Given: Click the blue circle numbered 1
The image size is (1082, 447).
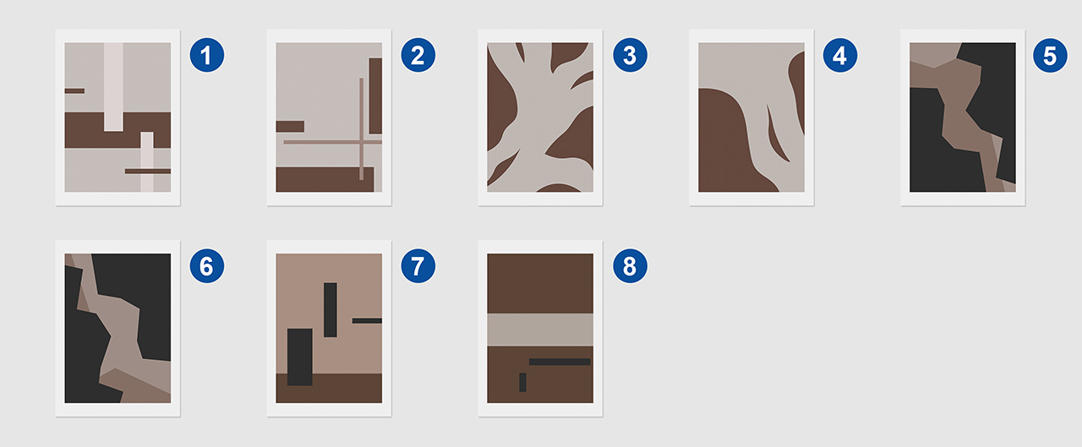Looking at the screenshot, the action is tap(207, 55).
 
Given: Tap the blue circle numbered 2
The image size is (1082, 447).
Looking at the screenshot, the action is tap(418, 55).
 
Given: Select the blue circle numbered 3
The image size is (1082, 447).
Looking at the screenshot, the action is tap(630, 55).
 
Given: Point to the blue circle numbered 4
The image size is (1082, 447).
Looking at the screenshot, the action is tap(840, 55).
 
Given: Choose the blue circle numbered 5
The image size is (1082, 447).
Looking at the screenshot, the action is tap(1050, 56).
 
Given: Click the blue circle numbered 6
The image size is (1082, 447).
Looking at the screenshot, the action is tap(207, 265).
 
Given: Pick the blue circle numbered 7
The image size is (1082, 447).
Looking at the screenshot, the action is tap(418, 265).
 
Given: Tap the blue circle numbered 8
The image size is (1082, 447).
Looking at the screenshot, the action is tap(630, 265).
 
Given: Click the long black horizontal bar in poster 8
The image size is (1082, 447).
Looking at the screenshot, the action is tap(560, 362).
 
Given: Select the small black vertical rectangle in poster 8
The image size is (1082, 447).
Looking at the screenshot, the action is tap(522, 382).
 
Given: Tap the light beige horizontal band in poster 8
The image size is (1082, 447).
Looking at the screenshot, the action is tap(540, 330).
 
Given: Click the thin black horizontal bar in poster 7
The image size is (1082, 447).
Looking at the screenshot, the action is tap(367, 320).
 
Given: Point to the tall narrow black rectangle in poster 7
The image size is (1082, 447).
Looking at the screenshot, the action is tap(331, 310).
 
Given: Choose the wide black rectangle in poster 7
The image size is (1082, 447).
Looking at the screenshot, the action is tap(300, 357).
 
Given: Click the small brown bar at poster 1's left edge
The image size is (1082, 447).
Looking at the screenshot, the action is tap(75, 90).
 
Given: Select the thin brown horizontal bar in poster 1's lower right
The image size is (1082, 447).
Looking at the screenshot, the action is tap(148, 171).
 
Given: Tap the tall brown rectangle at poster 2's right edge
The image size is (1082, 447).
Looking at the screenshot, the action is tap(376, 96).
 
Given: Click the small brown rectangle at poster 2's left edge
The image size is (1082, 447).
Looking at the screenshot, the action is tap(290, 127).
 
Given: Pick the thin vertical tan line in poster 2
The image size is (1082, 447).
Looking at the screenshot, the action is tap(361, 129).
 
